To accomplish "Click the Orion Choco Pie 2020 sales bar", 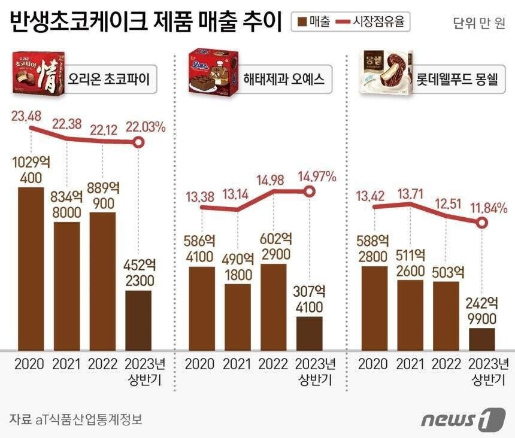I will (x=31, y=269).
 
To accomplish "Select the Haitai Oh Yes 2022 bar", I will (x=273, y=306).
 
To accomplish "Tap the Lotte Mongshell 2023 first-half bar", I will (x=482, y=339).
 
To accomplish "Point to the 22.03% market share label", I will (x=145, y=126).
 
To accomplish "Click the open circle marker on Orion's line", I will (x=138, y=142).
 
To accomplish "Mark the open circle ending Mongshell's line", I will (x=482, y=223).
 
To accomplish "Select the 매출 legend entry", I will (x=310, y=22).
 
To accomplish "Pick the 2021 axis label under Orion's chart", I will (x=66, y=364).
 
